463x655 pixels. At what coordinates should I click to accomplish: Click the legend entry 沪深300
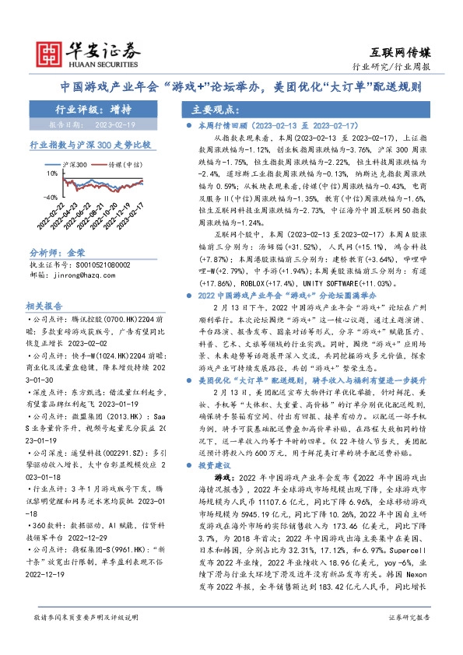[x=76, y=164]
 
